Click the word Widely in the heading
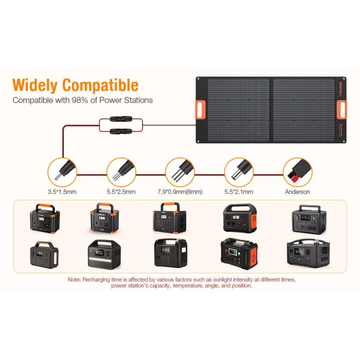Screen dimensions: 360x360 (36, 85)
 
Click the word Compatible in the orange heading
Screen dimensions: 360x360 (100, 85)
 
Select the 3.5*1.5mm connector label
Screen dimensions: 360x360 (62, 192)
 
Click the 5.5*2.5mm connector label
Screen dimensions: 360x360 (121, 192)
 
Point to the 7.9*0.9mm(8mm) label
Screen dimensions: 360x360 (180, 192)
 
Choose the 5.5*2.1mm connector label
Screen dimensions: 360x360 (238, 192)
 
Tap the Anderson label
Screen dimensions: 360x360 (297, 192)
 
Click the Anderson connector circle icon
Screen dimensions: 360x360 (297, 171)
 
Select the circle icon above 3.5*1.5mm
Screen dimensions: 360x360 (62, 171)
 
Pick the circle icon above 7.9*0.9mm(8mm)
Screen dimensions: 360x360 (180, 171)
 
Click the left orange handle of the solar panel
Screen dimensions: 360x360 (201, 110)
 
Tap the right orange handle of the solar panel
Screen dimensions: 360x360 (342, 110)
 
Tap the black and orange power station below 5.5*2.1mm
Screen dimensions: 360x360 (239, 218)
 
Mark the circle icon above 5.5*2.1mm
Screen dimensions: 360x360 (238, 171)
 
